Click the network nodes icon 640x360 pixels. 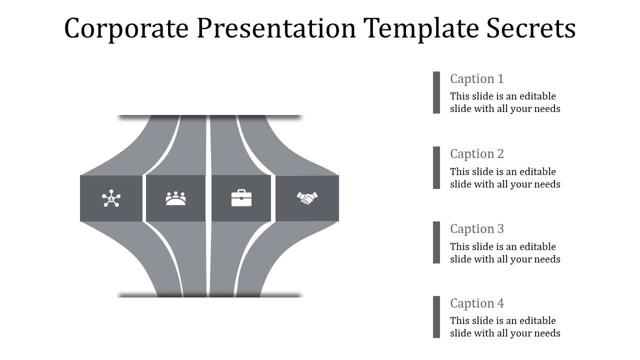tap(111, 198)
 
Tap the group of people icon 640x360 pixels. tap(175, 198)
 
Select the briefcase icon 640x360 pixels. tap(241, 198)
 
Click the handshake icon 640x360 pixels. tap(306, 198)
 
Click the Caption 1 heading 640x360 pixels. tap(476, 79)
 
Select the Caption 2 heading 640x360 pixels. tap(476, 154)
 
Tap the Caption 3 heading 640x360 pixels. tap(476, 229)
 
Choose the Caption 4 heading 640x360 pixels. tap(476, 303)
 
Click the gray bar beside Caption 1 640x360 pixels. tap(436, 92)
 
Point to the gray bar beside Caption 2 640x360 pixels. tap(436, 167)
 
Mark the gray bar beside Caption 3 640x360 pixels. tap(436, 242)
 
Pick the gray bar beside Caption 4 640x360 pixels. tap(436, 317)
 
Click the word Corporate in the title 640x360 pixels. tap(126, 28)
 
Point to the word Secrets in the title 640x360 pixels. tap(531, 28)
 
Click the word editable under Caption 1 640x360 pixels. tap(537, 96)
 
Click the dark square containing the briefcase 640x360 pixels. tap(241, 198)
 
